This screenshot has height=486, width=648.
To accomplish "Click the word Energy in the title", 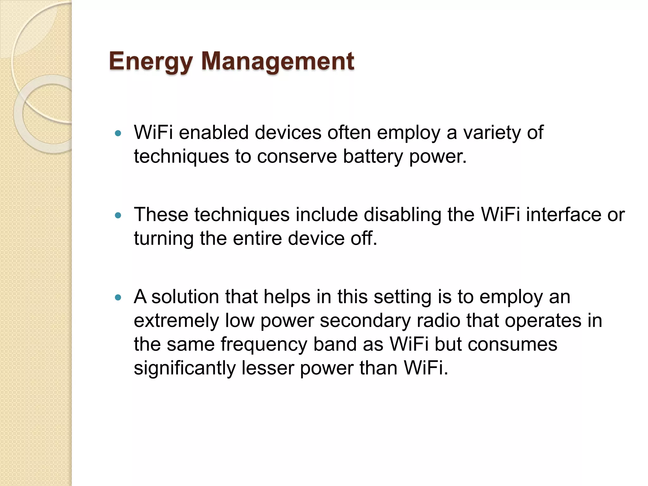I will [151, 61].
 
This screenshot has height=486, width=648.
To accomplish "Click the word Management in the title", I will [277, 61].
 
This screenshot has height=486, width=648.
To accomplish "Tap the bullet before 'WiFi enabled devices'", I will [118, 134].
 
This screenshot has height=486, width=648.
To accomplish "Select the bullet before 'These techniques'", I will [118, 216].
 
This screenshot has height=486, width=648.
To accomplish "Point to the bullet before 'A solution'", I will [118, 298].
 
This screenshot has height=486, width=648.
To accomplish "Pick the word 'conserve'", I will [297, 156].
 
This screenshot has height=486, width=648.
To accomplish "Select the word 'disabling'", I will [402, 215].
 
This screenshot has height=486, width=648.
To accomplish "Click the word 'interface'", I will [563, 215].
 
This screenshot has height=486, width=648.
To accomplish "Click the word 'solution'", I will [185, 297].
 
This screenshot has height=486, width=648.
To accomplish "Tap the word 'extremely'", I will [176, 321].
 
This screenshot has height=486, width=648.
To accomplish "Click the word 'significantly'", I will [184, 368].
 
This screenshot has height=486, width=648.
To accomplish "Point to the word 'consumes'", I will [512, 344].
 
